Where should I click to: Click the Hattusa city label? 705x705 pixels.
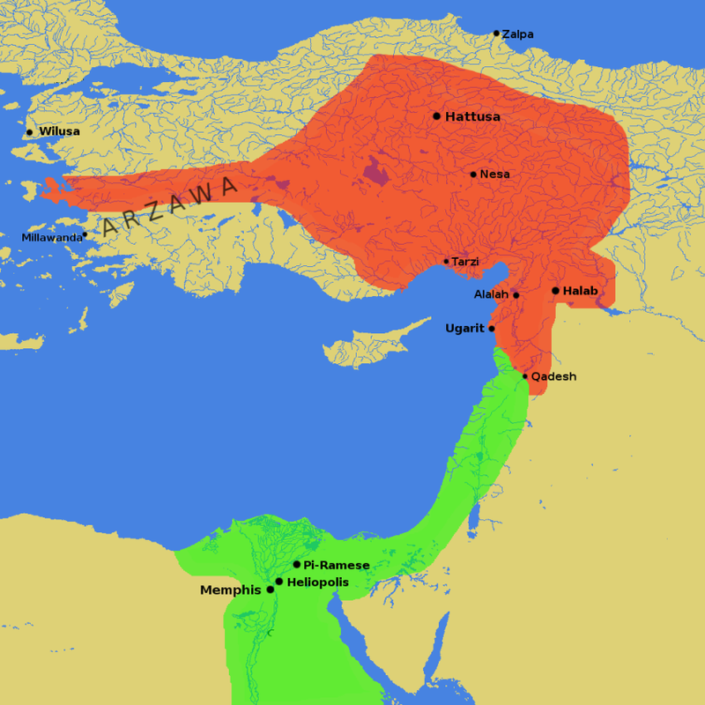(473, 116)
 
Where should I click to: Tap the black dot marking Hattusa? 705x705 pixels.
(436, 115)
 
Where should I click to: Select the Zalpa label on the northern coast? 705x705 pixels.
(518, 34)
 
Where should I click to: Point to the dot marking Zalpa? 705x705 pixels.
(496, 33)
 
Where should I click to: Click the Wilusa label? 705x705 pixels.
(59, 131)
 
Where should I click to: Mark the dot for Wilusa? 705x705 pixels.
(29, 132)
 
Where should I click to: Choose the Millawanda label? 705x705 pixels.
(51, 238)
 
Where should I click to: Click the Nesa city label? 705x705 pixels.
(495, 174)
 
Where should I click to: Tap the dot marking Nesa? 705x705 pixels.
(473, 174)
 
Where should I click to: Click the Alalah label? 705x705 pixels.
(491, 294)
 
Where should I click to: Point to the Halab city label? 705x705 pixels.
(580, 291)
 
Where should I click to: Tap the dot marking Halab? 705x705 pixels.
(555, 291)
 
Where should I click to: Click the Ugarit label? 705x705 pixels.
(464, 329)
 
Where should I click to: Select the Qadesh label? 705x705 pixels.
(553, 376)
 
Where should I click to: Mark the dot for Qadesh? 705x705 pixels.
(525, 376)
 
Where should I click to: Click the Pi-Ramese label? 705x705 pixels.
(337, 565)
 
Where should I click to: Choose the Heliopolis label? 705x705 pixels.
(318, 583)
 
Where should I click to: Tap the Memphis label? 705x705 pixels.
(232, 590)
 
